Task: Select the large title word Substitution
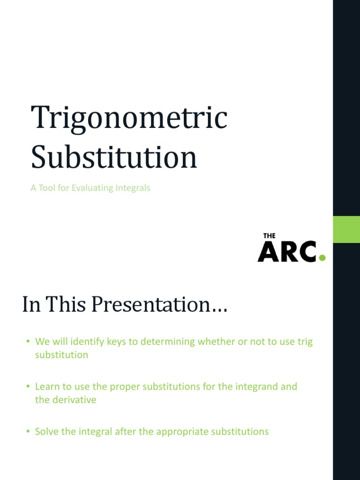tap(114, 158)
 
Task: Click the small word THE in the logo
tap(269, 236)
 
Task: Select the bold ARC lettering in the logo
tap(287, 252)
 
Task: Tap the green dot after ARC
tap(322, 257)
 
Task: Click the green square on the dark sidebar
tap(346, 229)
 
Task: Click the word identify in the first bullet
tap(88, 342)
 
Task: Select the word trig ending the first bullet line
tap(305, 342)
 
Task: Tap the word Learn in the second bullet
tap(47, 387)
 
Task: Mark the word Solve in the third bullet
tap(47, 431)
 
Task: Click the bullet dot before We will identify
tap(28, 342)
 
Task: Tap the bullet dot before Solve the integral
tap(28, 431)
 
